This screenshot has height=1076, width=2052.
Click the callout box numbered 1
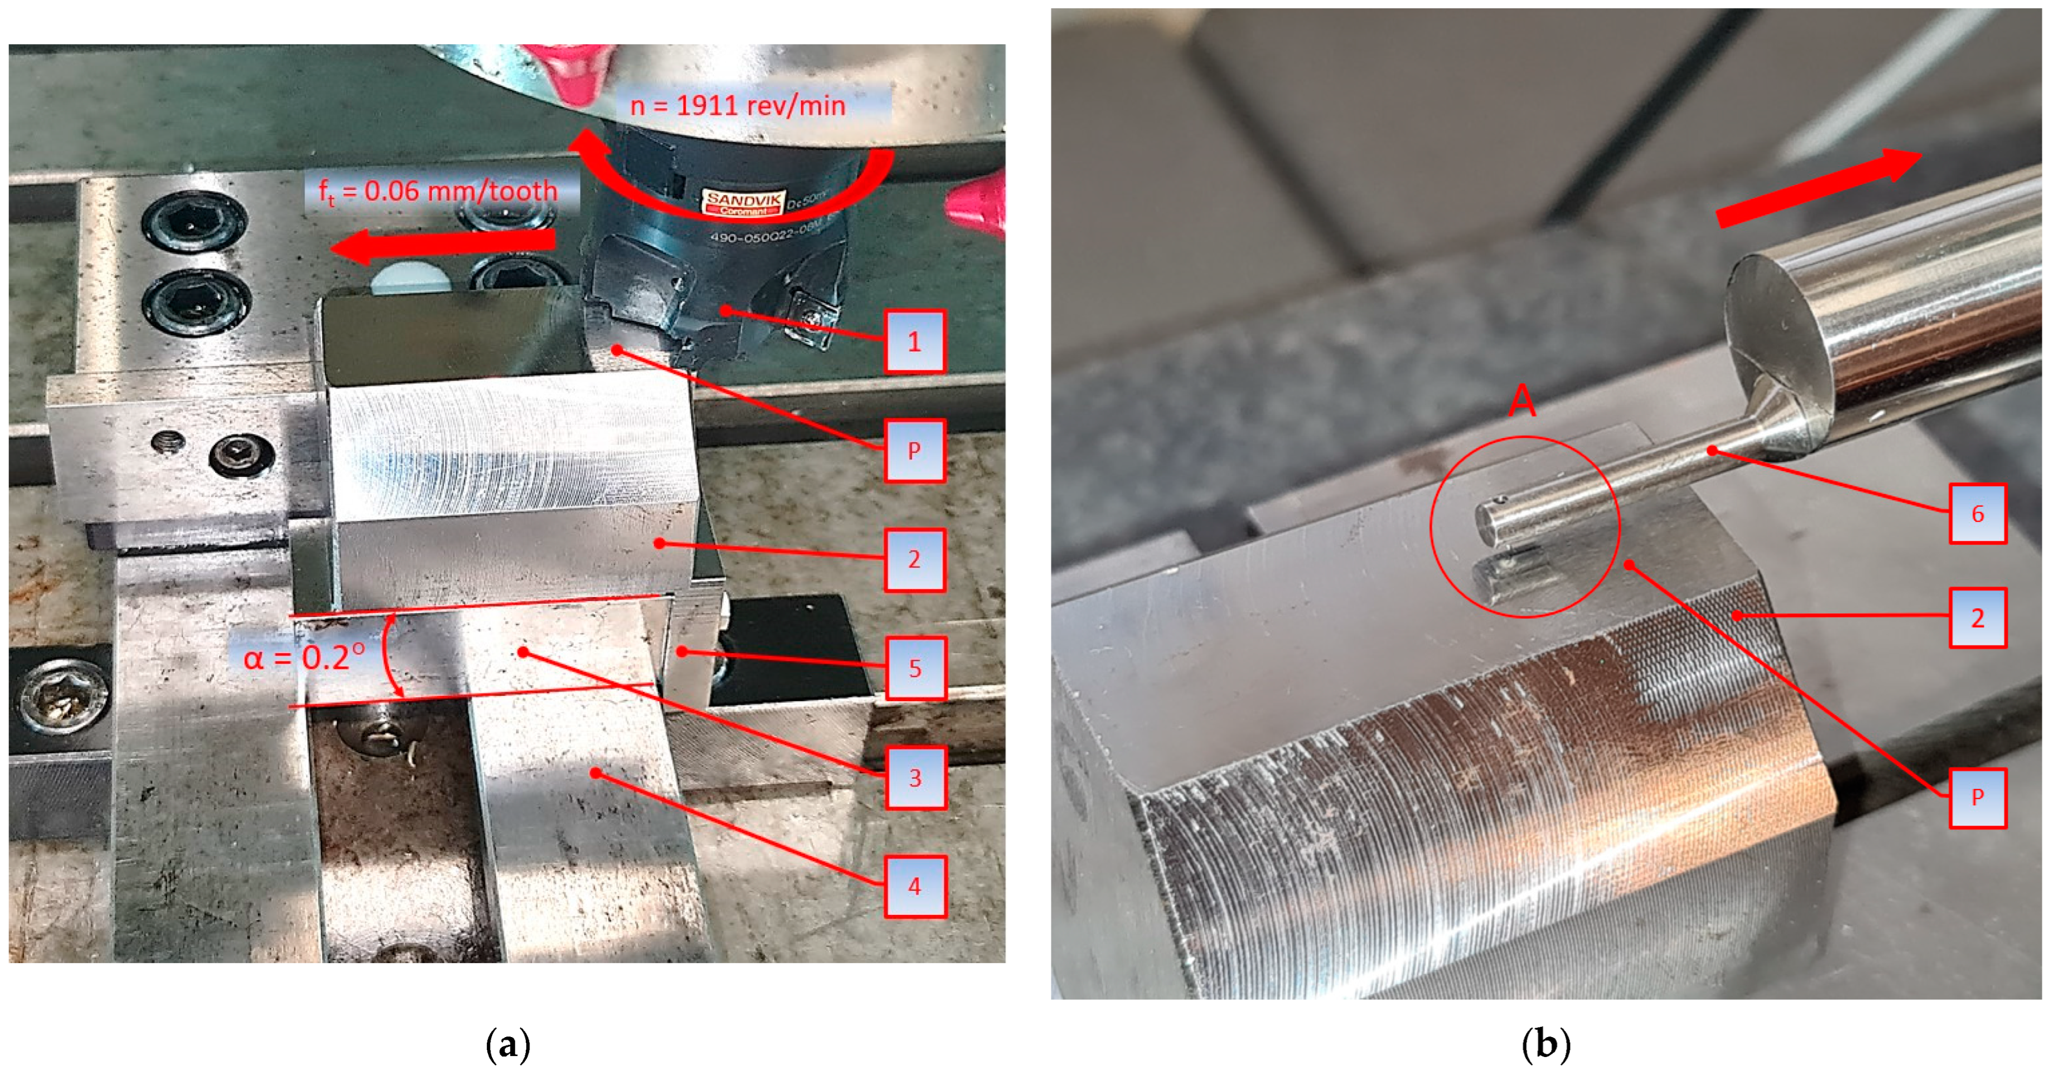915,342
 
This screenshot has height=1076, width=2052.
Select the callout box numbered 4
915,886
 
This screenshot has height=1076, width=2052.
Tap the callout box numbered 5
915,668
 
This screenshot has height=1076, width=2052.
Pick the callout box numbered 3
915,778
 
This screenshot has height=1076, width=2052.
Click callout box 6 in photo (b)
1977,514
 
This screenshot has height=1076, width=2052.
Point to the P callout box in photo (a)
915,451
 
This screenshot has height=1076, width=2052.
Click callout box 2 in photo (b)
1977,618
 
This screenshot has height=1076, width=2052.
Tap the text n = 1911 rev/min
738,106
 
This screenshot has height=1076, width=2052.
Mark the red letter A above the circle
1523,401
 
